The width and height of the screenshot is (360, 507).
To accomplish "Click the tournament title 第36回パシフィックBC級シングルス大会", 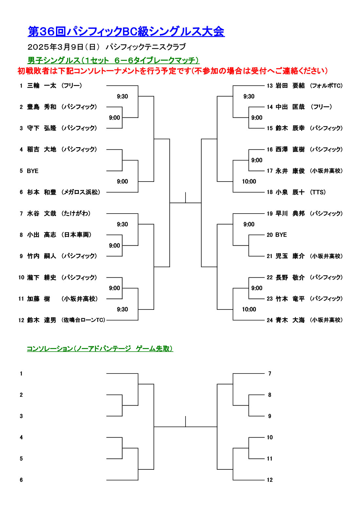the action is [x=126, y=31].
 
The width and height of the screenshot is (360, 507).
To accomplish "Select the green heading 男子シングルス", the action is [x=54, y=60].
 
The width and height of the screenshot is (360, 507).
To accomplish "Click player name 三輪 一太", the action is [x=42, y=86].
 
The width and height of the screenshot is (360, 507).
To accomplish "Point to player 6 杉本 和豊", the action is [x=42, y=192].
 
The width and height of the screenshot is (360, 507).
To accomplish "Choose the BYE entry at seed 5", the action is [x=33, y=171].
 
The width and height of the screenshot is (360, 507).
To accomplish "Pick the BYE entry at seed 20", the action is [x=281, y=235].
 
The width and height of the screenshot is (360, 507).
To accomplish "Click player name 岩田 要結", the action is [x=290, y=86].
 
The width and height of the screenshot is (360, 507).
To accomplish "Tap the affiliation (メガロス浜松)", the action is [x=81, y=192].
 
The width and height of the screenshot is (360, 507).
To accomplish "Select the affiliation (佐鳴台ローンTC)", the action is [x=83, y=320].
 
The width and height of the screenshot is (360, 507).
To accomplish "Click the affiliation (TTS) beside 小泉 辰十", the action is [x=318, y=192].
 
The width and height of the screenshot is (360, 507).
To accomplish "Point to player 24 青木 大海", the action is [x=290, y=320].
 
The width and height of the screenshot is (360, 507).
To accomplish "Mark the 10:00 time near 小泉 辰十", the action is [x=249, y=182].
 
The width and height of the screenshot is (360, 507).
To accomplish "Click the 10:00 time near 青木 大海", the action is [x=249, y=309].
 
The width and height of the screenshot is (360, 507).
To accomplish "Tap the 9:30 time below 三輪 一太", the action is [x=122, y=96].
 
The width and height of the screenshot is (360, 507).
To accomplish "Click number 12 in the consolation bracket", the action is [x=270, y=480].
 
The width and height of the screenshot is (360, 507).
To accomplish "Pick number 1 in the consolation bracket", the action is [x=21, y=374].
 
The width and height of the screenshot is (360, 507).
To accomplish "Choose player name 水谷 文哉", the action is [x=42, y=214].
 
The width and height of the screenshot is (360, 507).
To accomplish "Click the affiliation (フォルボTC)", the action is [x=326, y=86].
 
